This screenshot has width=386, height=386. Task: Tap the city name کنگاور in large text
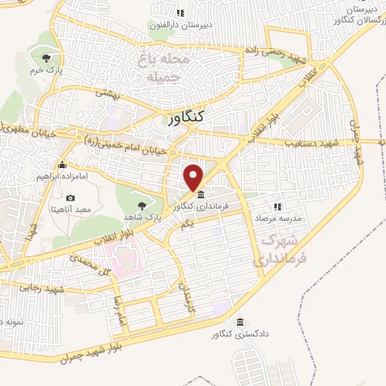[x=184, y=118]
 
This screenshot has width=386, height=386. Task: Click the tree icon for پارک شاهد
[x=141, y=203]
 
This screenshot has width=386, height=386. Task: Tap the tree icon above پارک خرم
[x=47, y=57]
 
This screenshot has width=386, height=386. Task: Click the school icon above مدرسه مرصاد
[x=277, y=207]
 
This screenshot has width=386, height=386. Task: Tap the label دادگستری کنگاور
[x=240, y=334]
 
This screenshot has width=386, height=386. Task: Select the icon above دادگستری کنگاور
[x=240, y=322]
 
